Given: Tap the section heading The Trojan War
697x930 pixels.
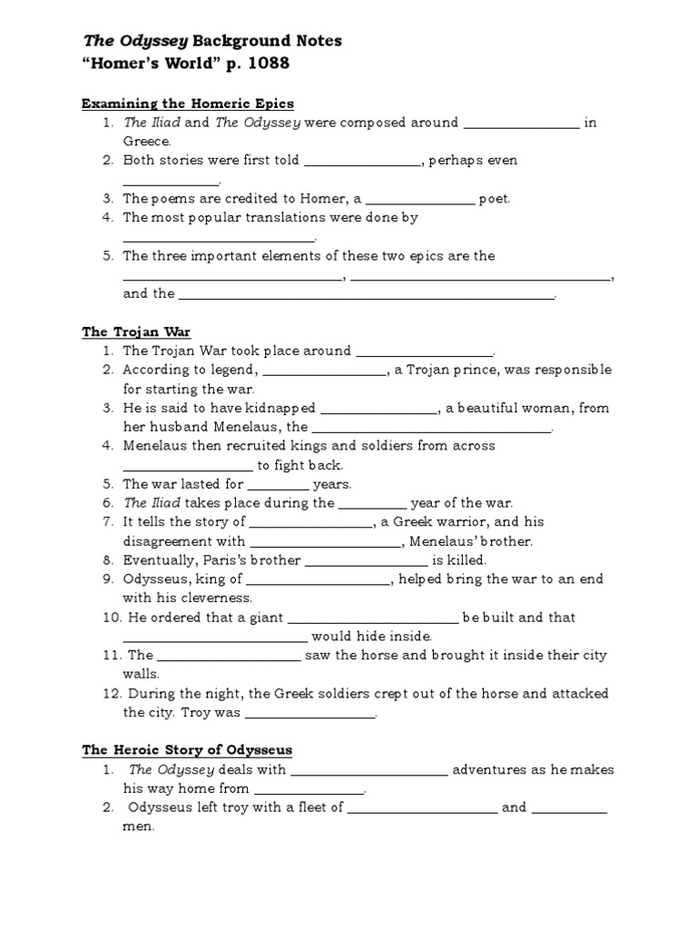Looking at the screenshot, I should pos(136,331).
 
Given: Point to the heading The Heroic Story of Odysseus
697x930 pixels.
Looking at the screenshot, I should pos(187,750).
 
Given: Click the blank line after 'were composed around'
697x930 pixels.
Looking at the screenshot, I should pos(521,123).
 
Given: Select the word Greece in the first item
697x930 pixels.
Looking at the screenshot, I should pos(146,142).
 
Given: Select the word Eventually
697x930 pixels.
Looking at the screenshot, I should pos(159,560).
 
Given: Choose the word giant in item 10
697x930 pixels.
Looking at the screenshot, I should pos(264,618).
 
